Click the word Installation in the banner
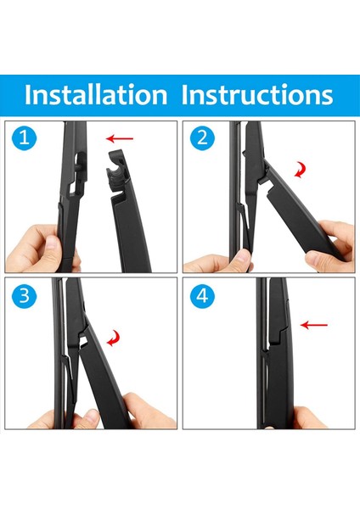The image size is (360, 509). [96, 95]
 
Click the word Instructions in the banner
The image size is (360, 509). [257, 95]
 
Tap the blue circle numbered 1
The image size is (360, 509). [24, 138]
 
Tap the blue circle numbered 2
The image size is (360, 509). [202, 138]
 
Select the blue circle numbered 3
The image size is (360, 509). [24, 296]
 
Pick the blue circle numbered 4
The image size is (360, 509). [202, 296]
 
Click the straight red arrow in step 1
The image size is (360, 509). [120, 138]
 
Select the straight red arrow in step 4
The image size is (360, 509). [314, 325]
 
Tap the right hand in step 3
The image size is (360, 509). [148, 411]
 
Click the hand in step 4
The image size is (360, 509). [309, 418]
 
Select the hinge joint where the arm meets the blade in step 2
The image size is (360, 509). [264, 172]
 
